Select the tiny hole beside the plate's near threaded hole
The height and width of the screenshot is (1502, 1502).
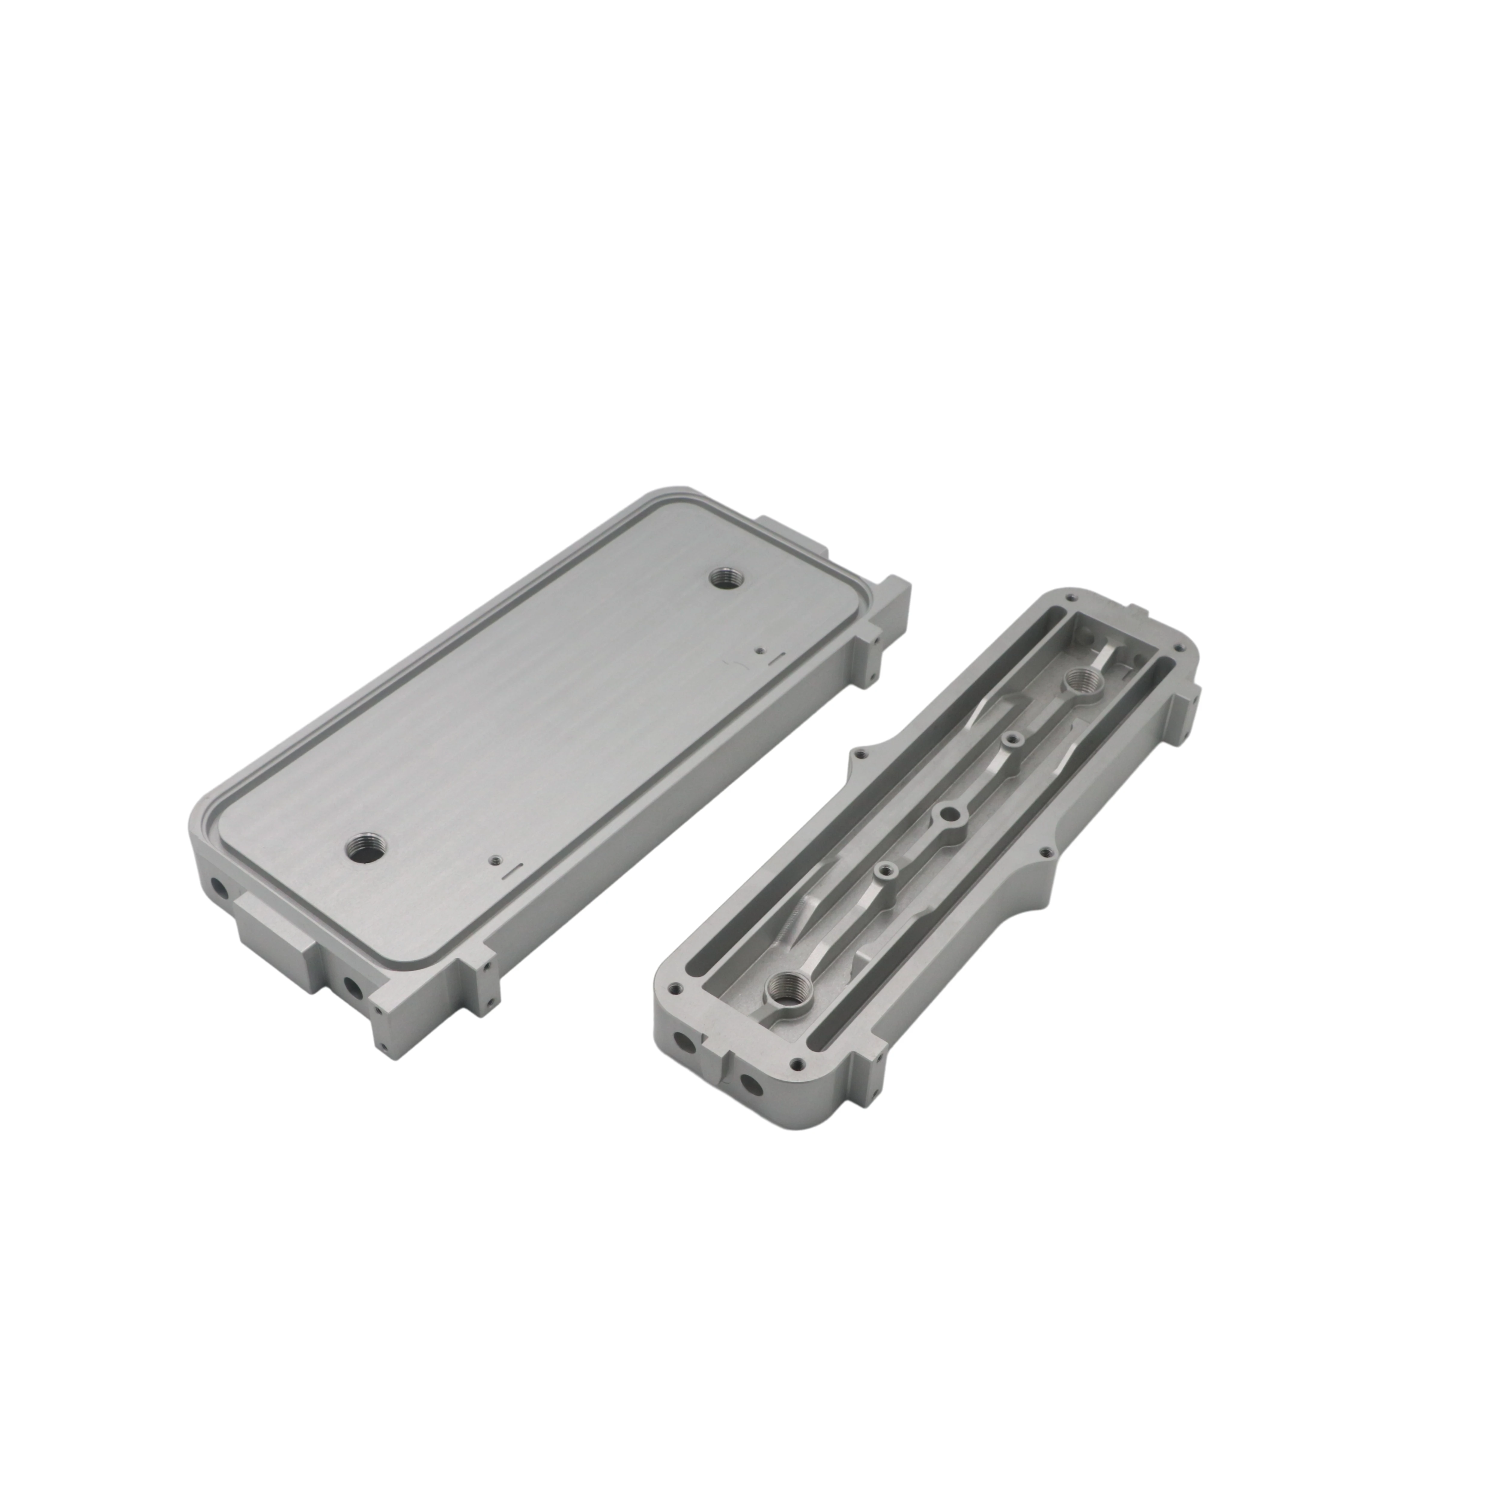493,861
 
